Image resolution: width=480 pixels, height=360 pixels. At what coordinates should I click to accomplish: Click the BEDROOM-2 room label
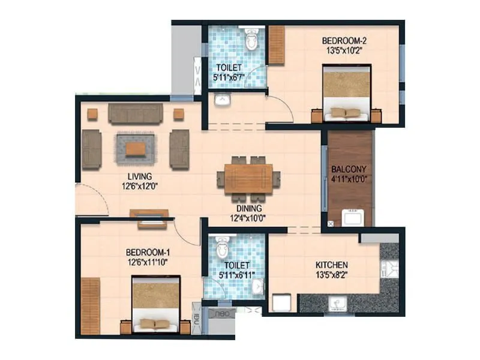344,41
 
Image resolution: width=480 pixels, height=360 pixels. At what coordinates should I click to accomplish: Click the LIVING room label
139,176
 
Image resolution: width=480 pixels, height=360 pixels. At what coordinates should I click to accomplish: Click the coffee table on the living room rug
135,148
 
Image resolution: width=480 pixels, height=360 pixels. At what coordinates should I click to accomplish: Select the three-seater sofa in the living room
135,113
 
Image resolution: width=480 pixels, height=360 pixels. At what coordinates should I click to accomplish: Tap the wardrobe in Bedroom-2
276,45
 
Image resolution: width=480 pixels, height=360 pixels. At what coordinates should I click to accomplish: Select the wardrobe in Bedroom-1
90,305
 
